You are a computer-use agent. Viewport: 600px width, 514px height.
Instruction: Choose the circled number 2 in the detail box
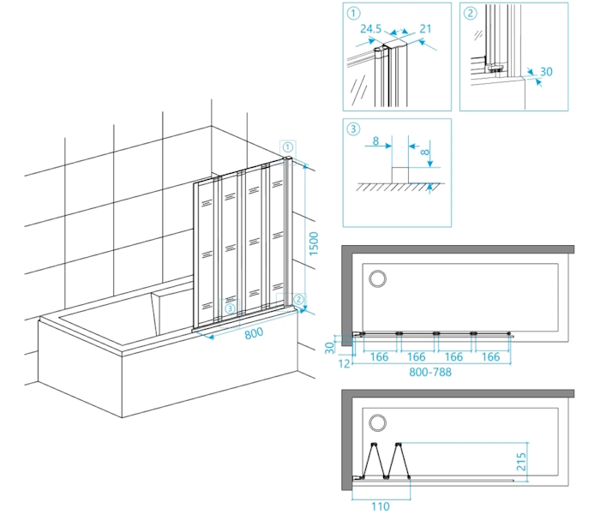click(470, 13)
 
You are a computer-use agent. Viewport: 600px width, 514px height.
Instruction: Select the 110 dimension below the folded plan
click(379, 506)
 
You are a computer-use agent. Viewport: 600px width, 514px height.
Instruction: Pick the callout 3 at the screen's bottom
click(229, 308)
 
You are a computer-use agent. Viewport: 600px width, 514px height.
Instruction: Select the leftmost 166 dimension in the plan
click(379, 356)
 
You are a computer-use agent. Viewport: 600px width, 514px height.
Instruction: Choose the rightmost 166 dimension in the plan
click(492, 356)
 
